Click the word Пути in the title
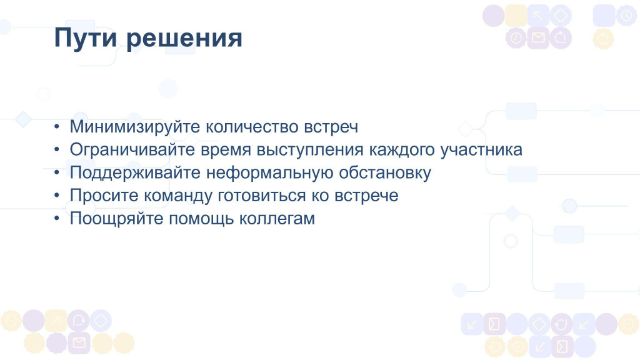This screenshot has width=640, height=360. point(85,38)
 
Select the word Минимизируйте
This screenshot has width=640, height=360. point(135,127)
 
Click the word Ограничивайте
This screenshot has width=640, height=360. point(132,150)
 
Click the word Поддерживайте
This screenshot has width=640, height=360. point(135,172)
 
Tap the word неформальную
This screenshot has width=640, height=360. point(270,173)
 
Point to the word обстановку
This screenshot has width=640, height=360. point(385,173)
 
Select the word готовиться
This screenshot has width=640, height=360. point(262,196)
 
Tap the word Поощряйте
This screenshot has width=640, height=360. point(117,219)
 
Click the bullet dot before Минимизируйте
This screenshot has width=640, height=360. point(57,126)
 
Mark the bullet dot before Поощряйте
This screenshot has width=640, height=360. point(57,218)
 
